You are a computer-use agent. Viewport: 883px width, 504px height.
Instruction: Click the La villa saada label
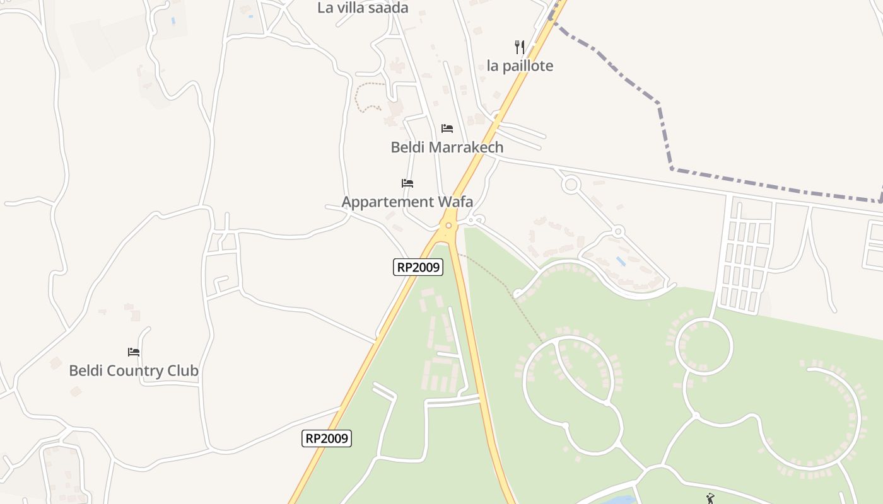pos(363,8)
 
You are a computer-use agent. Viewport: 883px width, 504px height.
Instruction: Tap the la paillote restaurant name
pos(520,66)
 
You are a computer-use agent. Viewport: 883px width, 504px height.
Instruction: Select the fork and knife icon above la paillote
pos(520,47)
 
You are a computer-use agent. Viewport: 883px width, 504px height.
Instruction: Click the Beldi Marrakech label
pos(447,147)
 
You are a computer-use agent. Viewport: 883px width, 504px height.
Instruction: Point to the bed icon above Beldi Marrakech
pos(447,129)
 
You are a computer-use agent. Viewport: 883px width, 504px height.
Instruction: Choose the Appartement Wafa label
pos(407,202)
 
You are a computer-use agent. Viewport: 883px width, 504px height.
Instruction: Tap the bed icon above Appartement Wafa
pos(407,183)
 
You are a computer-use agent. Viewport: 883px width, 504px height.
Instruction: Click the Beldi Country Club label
pos(134,370)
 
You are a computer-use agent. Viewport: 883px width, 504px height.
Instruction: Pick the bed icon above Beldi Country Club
pos(134,352)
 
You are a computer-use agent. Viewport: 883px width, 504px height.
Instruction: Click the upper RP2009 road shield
pos(418,267)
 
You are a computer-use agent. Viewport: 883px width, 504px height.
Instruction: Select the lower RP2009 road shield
pos(327,438)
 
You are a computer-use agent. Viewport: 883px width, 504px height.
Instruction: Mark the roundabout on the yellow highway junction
pos(448,226)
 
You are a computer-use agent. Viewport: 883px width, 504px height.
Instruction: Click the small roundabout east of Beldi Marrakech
pos(571,185)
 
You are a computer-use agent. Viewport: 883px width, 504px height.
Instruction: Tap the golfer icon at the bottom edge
pos(711,498)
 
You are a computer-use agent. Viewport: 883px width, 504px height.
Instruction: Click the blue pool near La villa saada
pos(173,21)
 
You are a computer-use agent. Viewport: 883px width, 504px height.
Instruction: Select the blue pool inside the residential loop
pos(621,261)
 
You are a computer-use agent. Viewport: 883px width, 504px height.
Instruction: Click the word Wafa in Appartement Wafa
pos(451,202)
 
